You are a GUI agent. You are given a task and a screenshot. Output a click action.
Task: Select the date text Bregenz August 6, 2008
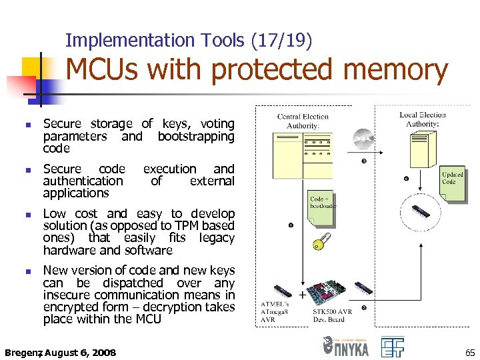point(60,352)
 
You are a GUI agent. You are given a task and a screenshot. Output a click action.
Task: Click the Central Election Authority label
point(303,121)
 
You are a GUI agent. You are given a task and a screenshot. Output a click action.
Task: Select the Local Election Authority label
point(423,119)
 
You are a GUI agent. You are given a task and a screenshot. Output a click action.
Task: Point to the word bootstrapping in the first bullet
point(196,137)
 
